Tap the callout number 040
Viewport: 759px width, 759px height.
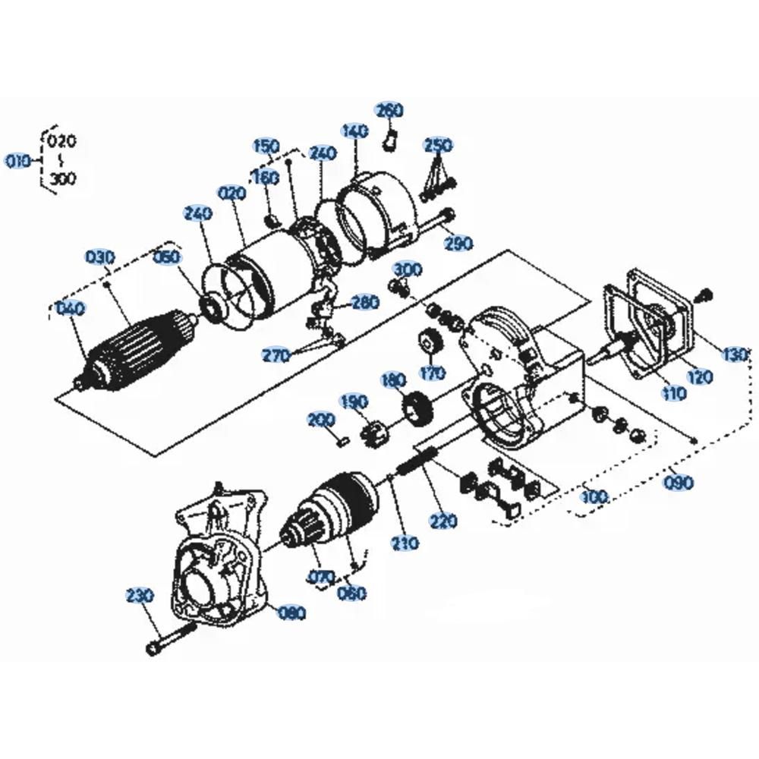click(x=71, y=309)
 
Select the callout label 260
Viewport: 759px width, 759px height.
click(x=389, y=111)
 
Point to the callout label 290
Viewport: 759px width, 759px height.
click(x=458, y=243)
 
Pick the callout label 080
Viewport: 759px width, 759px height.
click(x=291, y=613)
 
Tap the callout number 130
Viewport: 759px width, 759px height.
click(x=735, y=354)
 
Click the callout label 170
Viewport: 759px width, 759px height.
click(x=432, y=373)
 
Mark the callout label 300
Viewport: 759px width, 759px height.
click(x=408, y=269)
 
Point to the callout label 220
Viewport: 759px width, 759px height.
click(x=444, y=521)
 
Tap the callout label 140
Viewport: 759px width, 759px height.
click(x=355, y=131)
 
